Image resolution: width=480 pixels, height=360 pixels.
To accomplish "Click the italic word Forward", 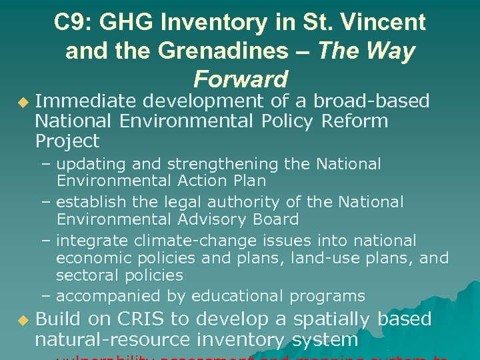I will [240, 79].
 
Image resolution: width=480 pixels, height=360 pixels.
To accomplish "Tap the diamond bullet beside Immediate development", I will [23, 102].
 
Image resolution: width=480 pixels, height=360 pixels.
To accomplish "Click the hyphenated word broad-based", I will [371, 101].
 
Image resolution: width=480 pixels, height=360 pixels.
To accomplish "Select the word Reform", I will [354, 121].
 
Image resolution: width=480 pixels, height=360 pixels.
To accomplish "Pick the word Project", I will [67, 141].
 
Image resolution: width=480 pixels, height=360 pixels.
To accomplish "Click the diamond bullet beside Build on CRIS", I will [23, 321].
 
